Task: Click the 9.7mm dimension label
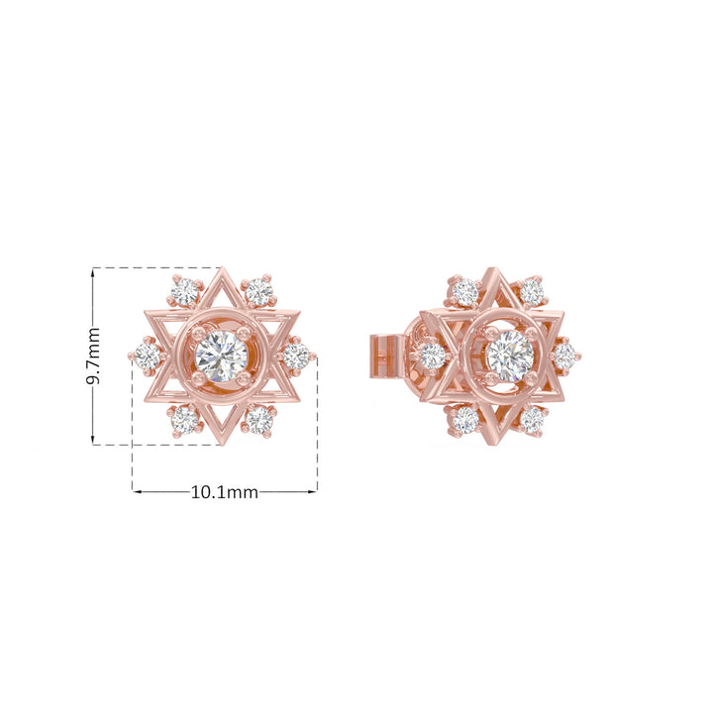tap(93, 356)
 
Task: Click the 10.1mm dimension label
tap(224, 492)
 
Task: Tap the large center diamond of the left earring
tap(221, 356)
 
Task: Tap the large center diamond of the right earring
tap(510, 356)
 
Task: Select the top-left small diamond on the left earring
tap(185, 292)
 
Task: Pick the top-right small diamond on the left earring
tap(259, 292)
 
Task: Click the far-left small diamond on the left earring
tap(148, 356)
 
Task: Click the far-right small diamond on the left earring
tap(296, 356)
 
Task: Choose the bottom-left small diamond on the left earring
tap(185, 420)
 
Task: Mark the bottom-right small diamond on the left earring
tap(259, 420)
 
